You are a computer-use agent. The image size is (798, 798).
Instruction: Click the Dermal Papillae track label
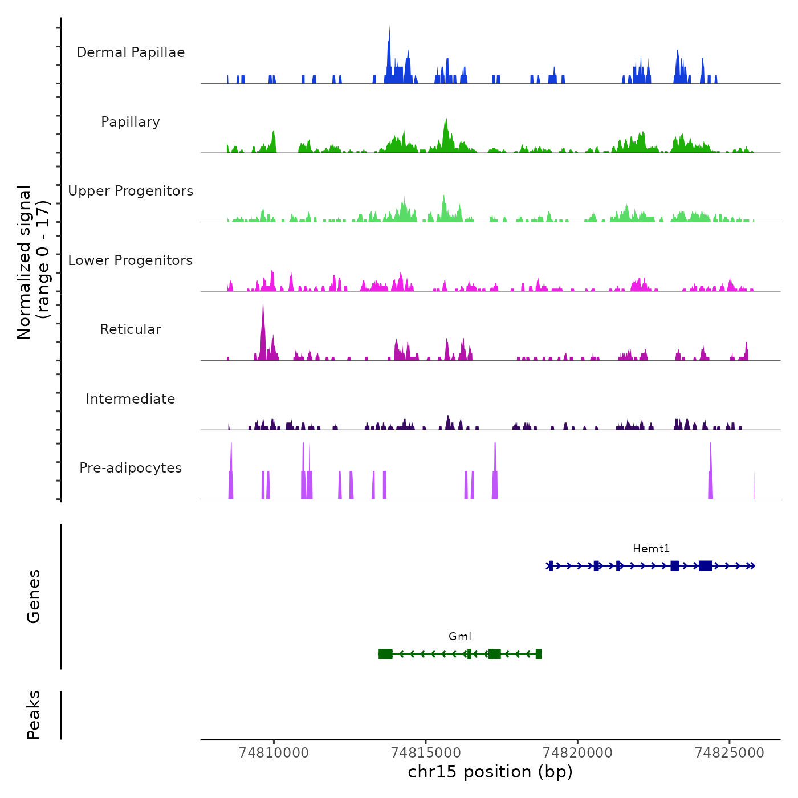coord(131,52)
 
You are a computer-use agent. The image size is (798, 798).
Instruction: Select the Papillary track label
coord(131,122)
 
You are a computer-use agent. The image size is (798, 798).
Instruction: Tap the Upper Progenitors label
coord(131,191)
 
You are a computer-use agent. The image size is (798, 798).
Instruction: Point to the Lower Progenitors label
coord(131,260)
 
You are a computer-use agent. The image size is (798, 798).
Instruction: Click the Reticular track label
coord(131,329)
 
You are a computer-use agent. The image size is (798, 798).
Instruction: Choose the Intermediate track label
coord(131,399)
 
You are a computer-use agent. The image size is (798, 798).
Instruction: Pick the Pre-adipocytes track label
coord(131,468)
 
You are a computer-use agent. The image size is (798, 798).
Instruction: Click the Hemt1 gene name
coord(651,549)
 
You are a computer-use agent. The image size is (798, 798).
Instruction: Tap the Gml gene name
coord(460,637)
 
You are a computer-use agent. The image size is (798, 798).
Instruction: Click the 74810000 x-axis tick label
coord(274,753)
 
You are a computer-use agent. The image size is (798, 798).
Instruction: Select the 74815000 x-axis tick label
coord(426,753)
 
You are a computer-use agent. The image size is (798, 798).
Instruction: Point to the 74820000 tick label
coord(577,753)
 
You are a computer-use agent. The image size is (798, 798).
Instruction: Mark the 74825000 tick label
coord(730,753)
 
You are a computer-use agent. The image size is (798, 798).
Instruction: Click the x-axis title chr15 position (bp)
coord(490,772)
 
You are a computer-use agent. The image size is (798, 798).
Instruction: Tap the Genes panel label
coord(34,596)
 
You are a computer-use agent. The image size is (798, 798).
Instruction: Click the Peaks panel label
coord(34,715)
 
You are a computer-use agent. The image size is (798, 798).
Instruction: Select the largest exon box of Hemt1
coord(705,565)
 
